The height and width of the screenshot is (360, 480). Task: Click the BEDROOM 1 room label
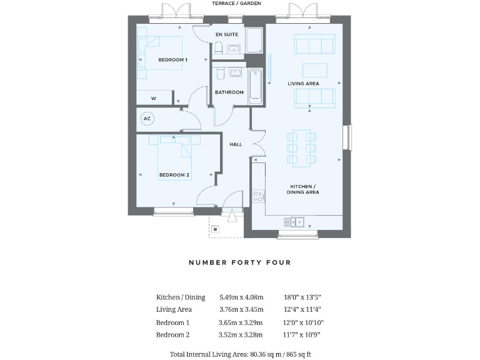point(173,59)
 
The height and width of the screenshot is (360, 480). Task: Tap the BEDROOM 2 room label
point(174,175)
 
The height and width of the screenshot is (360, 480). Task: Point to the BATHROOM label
point(229,92)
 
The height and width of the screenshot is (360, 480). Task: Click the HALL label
point(236,144)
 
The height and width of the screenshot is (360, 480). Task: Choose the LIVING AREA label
point(303,83)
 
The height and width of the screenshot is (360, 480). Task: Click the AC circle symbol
point(147,118)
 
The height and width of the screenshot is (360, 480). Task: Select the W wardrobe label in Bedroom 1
point(153,99)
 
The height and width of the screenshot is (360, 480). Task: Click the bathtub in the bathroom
point(256,86)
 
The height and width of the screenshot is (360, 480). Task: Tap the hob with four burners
point(258,197)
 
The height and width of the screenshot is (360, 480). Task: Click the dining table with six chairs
point(302,147)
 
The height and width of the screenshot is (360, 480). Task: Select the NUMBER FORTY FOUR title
point(240,262)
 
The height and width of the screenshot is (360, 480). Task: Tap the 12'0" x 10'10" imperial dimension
point(304,322)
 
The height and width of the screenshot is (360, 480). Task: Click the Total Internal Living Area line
point(240,354)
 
